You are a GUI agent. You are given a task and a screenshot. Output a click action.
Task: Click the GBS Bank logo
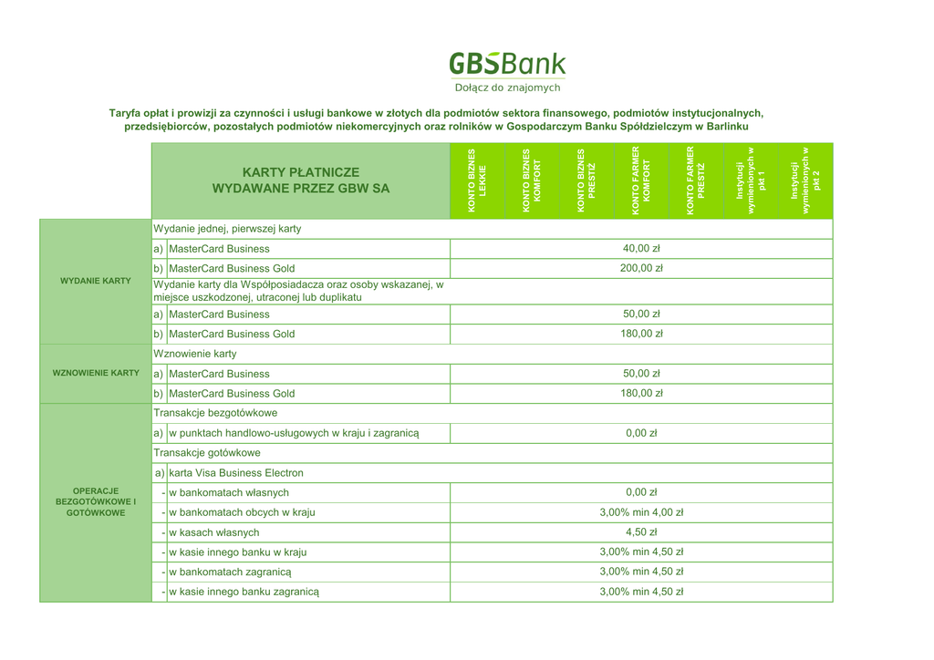(x=507, y=64)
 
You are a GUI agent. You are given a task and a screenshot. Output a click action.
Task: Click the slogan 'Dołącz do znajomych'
(x=507, y=88)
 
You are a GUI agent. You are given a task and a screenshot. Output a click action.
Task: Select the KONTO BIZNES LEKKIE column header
(x=477, y=180)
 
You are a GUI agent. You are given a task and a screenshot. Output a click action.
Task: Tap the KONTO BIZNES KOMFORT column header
(x=532, y=180)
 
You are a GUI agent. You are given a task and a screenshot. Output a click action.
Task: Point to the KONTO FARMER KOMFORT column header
(x=641, y=180)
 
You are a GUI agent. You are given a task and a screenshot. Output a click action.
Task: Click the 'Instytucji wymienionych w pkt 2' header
(x=805, y=180)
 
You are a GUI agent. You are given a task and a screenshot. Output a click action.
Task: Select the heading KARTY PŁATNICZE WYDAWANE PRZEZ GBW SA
(x=300, y=180)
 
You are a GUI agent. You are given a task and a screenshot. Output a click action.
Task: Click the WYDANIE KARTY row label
(x=95, y=281)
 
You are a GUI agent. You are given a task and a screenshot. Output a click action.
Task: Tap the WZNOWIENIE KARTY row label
(x=95, y=373)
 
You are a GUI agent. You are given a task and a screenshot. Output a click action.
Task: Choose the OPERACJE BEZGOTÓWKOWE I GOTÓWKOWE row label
(x=95, y=502)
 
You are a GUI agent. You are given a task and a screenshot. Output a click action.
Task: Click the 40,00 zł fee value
(x=641, y=248)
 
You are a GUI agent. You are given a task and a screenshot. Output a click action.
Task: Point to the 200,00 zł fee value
(x=641, y=268)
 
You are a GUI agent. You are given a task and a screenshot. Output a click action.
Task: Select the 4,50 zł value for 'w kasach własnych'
(x=641, y=532)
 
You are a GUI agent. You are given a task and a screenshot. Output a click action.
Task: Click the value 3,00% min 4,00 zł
(x=641, y=512)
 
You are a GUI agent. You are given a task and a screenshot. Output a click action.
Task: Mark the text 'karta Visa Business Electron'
(x=236, y=473)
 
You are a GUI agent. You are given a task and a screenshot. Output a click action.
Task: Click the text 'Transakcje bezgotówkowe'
(x=215, y=413)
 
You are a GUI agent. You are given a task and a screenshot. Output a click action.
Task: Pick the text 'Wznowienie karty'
(x=195, y=354)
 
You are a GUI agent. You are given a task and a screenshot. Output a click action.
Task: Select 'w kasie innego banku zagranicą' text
(x=244, y=592)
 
